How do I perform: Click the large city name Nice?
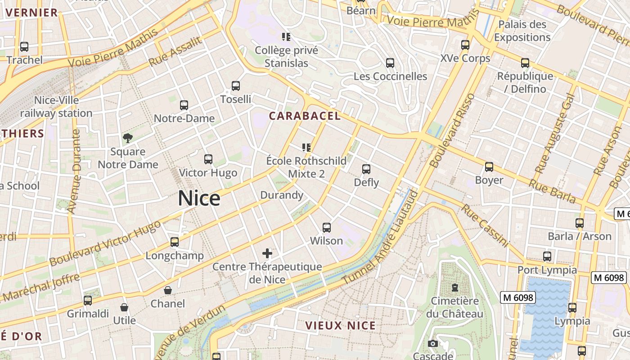[199, 198]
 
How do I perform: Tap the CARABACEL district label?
[305, 116]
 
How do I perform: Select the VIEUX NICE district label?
[340, 325]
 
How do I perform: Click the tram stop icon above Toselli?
[235, 86]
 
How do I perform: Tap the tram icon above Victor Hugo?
[208, 159]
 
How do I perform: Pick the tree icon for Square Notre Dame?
[128, 138]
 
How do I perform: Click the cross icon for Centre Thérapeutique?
[267, 253]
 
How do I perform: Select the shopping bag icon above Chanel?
[168, 290]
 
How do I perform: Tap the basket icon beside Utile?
[124, 307]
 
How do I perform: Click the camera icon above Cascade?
[433, 344]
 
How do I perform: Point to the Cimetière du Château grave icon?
[455, 287]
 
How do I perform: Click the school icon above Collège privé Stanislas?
[286, 36]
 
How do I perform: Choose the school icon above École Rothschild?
[306, 148]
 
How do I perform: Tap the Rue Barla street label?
[552, 191]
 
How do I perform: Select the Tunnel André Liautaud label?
[381, 238]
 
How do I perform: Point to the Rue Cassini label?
[485, 225]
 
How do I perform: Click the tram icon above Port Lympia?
[547, 256]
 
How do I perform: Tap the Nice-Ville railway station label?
[56, 107]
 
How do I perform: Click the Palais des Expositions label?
[522, 31]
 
